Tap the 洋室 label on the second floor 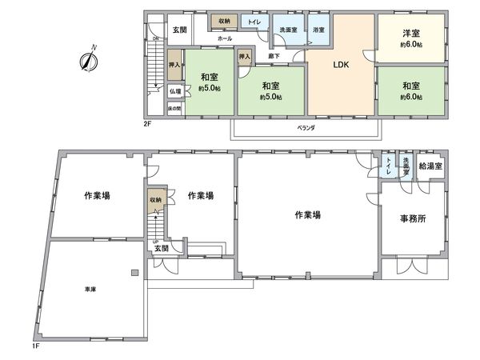[x=411, y=34]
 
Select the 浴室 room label [x=318, y=30]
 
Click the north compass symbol [x=89, y=61]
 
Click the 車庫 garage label [x=90, y=290]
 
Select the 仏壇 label [x=174, y=91]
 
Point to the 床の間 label [x=174, y=107]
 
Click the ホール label [x=224, y=37]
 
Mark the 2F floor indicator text [x=147, y=123]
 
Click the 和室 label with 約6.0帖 [x=411, y=86]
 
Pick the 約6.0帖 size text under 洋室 [x=411, y=45]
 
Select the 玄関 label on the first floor [x=162, y=249]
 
